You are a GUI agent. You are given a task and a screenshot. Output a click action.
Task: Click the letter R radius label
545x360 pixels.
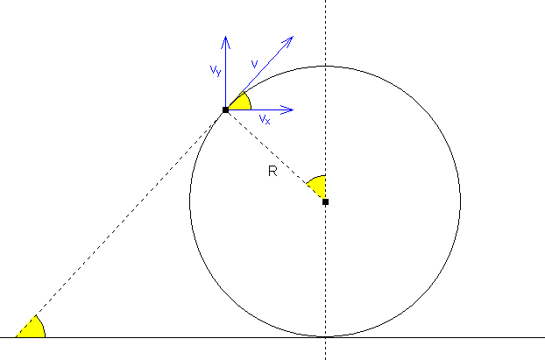tap(272, 171)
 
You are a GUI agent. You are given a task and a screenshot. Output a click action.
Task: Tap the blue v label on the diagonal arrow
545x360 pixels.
tap(254, 64)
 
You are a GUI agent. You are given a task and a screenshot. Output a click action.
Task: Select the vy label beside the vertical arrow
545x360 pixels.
tap(216, 71)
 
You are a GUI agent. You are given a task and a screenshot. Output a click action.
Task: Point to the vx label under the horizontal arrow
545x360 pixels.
tap(265, 119)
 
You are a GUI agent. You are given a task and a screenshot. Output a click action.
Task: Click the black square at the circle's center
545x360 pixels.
tap(325, 201)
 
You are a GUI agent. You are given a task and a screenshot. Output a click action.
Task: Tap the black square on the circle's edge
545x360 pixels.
tap(225, 109)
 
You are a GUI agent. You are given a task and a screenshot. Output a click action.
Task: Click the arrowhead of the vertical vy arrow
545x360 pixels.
tap(225, 42)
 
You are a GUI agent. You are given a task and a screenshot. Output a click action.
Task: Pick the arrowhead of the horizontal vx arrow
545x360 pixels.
tap(287, 109)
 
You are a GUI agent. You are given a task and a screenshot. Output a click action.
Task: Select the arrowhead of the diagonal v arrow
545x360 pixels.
tap(288, 41)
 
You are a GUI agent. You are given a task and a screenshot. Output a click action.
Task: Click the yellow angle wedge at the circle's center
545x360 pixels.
tap(318, 186)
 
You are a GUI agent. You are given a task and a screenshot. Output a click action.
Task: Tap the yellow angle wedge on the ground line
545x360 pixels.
tap(32, 329)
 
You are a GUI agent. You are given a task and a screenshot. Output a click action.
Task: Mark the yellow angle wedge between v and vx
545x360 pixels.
tap(241, 102)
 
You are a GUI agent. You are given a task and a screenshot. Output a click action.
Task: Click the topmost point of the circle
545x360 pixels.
tap(325, 66)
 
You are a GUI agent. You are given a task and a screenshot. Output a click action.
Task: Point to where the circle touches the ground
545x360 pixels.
tap(325, 336)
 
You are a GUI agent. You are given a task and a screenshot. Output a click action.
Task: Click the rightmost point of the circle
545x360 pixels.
tap(461, 201)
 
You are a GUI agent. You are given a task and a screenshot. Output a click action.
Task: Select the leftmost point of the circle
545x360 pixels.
tap(190, 201)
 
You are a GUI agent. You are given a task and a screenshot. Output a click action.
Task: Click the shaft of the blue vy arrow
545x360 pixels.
tap(225, 74)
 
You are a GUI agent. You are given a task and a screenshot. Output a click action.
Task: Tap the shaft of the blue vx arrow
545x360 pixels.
tap(260, 109)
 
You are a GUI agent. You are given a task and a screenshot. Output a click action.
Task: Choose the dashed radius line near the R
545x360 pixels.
tap(275, 156)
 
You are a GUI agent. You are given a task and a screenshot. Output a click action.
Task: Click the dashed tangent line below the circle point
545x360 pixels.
tap(121, 223)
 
